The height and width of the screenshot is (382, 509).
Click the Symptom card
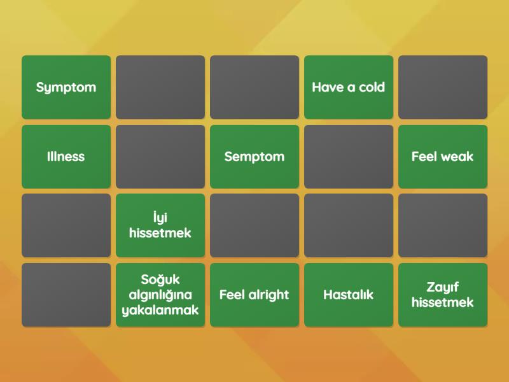tap(66, 87)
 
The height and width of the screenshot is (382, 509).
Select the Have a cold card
tap(349, 87)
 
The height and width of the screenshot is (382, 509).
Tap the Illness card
tap(66, 157)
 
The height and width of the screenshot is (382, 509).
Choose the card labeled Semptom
tap(254, 157)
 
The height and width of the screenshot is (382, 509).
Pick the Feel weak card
tap(443, 157)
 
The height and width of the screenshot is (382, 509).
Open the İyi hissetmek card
tap(160, 225)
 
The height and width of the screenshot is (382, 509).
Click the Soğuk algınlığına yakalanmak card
tap(160, 295)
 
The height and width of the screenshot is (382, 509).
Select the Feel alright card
tap(254, 295)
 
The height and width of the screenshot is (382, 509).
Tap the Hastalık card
tap(349, 295)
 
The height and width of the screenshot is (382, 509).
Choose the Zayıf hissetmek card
tap(443, 295)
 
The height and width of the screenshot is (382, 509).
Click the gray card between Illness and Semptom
tap(160, 157)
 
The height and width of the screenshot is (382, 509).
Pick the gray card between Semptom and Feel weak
tap(349, 157)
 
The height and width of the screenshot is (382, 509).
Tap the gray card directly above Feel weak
tap(443, 87)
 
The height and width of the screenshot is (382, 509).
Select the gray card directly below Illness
tap(66, 225)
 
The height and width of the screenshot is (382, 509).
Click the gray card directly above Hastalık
tap(349, 225)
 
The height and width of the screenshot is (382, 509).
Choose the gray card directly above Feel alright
tap(254, 225)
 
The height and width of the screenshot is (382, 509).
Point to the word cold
tap(372, 87)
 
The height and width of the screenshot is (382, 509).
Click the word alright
tap(268, 295)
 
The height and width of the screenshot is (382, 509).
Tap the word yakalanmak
tap(160, 310)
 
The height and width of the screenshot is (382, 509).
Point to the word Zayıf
tap(443, 288)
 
